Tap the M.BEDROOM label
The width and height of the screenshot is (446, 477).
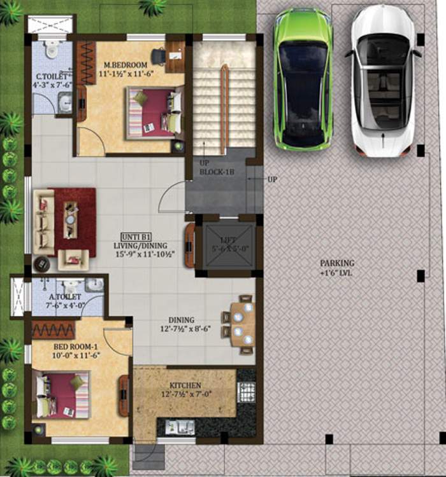pos(126,65)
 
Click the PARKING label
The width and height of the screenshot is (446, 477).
pos(338,263)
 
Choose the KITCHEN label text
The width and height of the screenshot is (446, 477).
pos(185,385)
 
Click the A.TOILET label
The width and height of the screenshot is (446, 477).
pos(65,296)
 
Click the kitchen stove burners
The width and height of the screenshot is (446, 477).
pos(246,391)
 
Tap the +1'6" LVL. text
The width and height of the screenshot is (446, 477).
pos(338,273)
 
